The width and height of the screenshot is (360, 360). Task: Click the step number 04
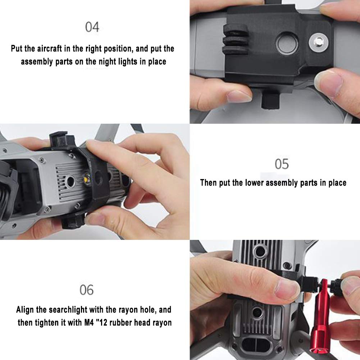click(x=92, y=27)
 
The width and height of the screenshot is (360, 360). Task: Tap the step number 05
click(x=282, y=164)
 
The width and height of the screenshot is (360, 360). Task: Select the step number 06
click(x=87, y=290)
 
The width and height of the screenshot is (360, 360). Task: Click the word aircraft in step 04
click(x=50, y=49)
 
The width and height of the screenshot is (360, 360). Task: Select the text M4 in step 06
click(x=89, y=323)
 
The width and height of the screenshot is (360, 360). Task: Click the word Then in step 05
click(x=208, y=183)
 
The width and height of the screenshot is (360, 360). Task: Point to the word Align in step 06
click(x=25, y=310)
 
